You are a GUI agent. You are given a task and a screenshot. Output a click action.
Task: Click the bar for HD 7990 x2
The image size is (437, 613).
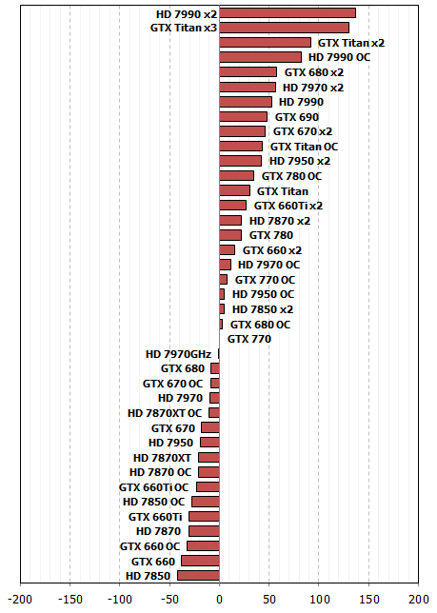tap(288, 13)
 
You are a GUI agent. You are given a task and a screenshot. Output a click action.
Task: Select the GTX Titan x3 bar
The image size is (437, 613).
tap(284, 28)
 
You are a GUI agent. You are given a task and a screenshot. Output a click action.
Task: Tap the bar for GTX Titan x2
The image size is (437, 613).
tap(265, 43)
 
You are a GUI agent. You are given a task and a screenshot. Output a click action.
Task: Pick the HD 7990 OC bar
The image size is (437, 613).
tap(260, 57)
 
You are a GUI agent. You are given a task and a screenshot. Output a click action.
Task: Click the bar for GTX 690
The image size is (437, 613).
tap(243, 117)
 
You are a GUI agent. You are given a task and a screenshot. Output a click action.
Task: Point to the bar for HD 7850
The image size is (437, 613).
tap(198, 576)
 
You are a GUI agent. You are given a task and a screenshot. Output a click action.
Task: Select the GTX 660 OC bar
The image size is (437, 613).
tap(203, 546)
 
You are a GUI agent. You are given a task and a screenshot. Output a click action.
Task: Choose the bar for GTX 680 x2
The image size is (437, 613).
tap(248, 72)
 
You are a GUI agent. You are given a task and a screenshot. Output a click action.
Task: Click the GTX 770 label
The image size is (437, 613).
tap(249, 339)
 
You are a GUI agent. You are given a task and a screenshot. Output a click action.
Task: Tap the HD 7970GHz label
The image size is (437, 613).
tap(178, 354)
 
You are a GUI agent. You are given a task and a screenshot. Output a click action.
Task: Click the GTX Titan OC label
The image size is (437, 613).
tap(304, 147)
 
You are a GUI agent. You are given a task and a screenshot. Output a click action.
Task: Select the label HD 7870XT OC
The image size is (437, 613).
tap(165, 413)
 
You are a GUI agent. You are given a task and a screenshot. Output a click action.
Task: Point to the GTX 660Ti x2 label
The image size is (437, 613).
tap(288, 206)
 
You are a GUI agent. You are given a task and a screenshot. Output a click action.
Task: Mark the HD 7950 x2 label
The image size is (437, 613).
tap(300, 161)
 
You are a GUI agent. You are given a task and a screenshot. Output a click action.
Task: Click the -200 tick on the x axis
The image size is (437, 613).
tap(20, 600)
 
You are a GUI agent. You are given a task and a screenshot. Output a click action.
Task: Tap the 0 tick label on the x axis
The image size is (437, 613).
tap(219, 600)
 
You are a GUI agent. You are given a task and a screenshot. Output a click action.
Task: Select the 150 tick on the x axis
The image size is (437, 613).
tap(368, 600)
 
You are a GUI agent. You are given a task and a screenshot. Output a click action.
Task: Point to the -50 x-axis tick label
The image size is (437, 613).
tap(169, 600)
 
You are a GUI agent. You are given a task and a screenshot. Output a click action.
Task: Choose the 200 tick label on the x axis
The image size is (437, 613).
tap(419, 600)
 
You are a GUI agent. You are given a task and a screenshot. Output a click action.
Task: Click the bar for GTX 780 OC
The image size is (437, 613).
tap(236, 176)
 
